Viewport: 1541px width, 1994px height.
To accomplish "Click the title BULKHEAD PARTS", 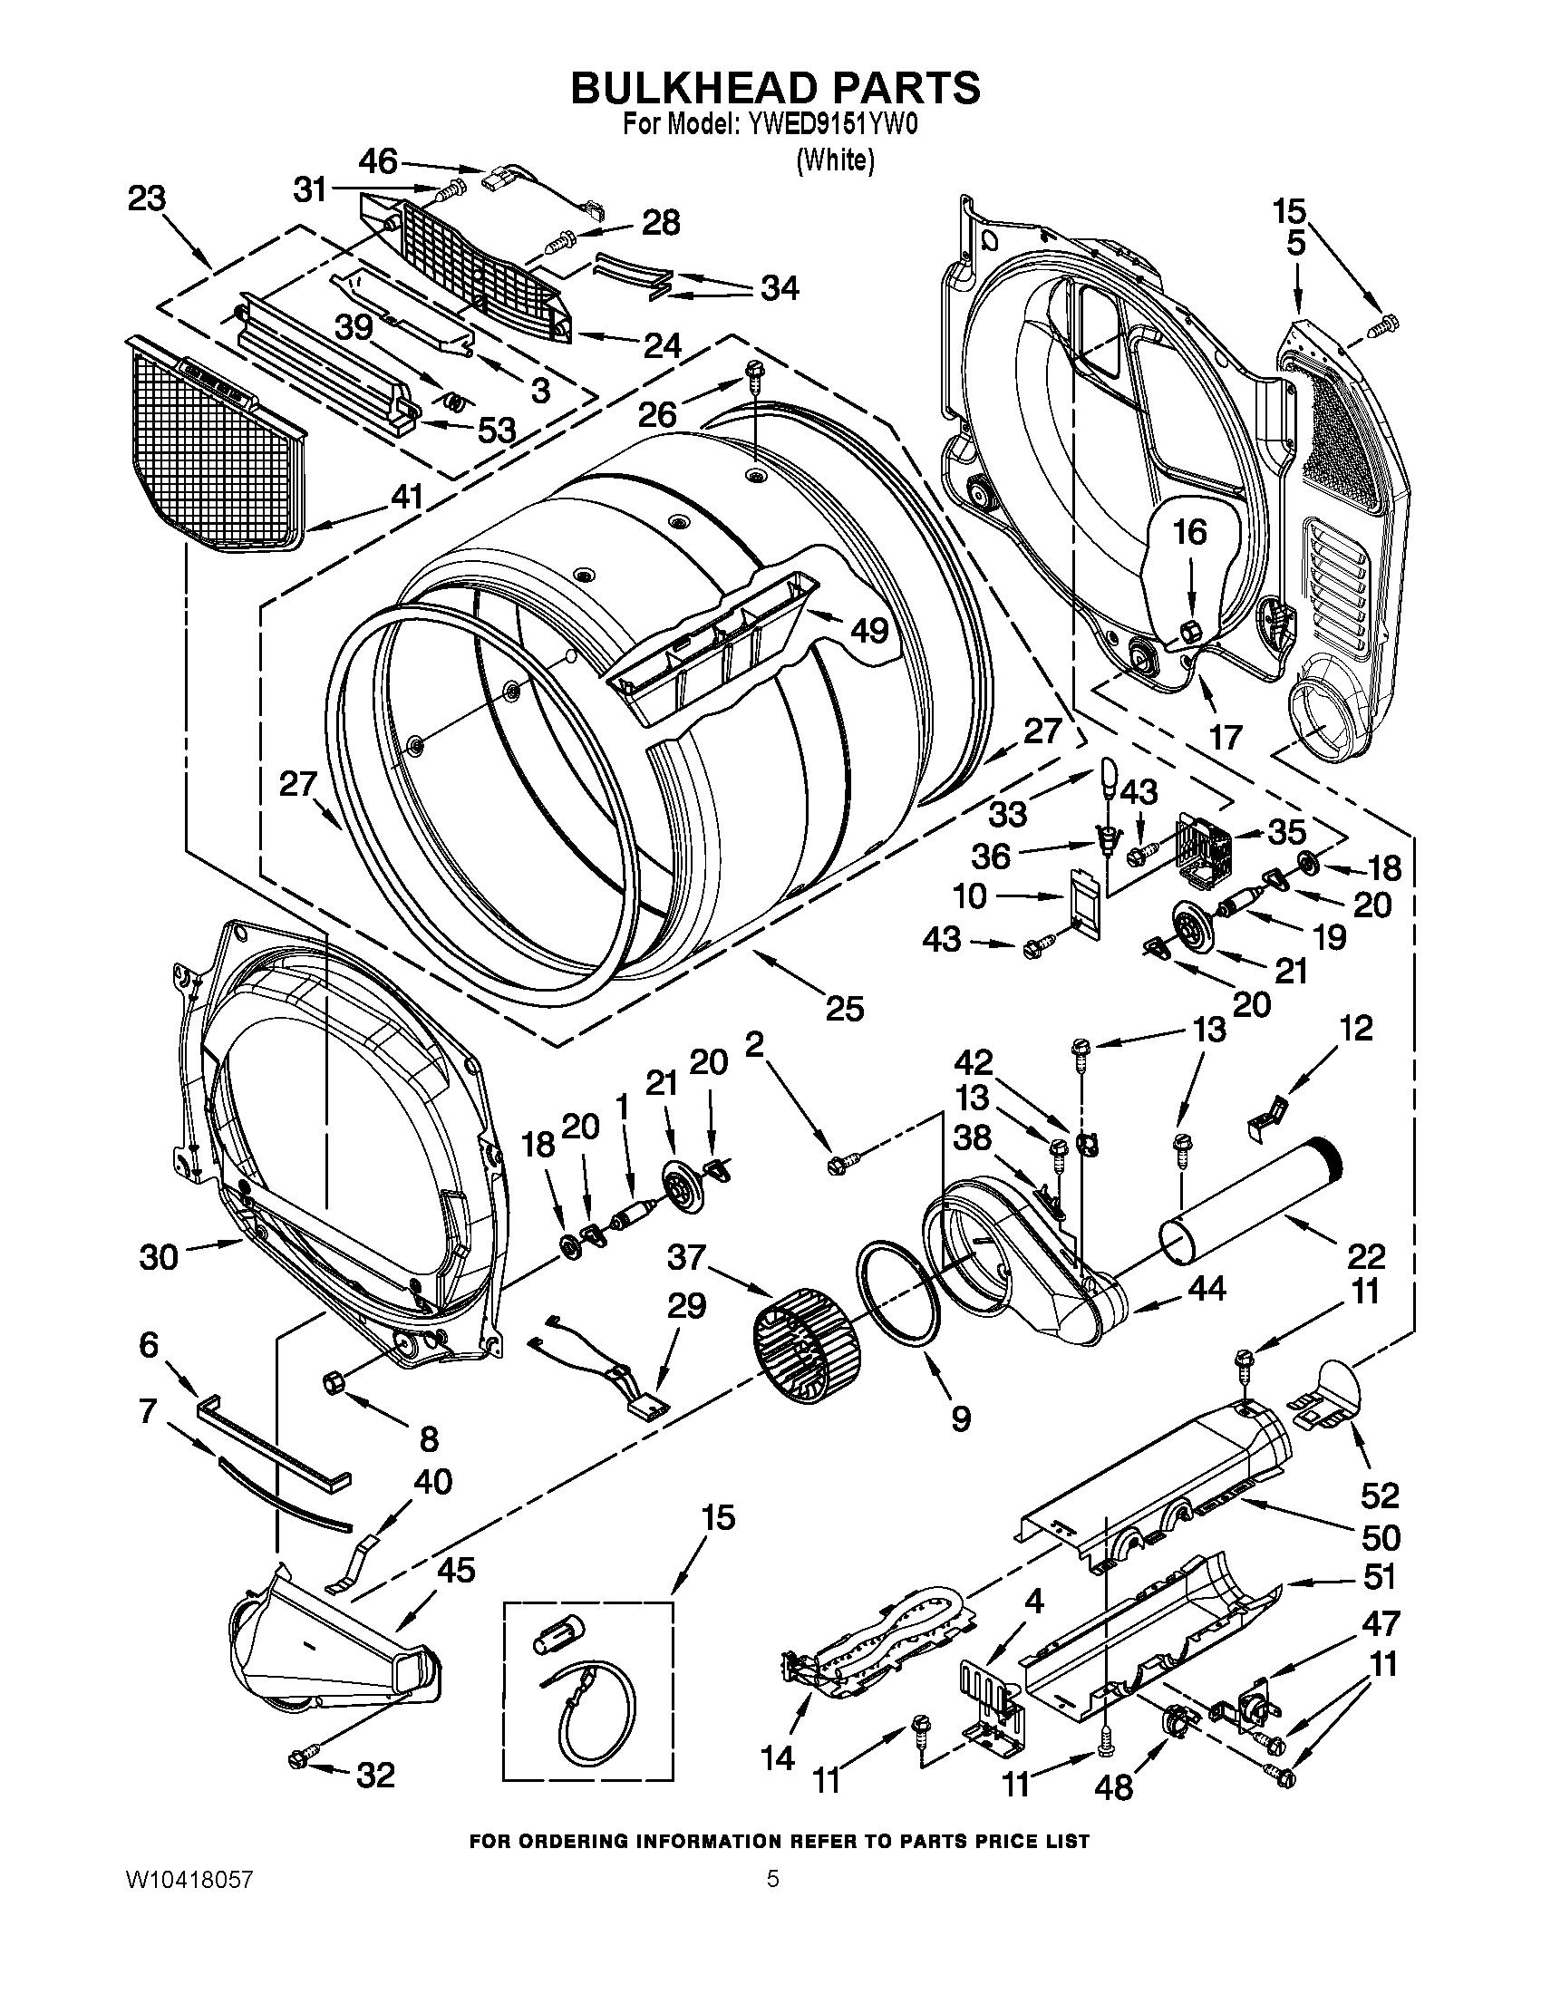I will click(775, 88).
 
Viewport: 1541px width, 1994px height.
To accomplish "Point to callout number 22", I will click(1367, 1256).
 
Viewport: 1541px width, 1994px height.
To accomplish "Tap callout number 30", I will click(158, 1257).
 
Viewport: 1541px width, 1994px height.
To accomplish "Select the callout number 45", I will click(456, 1571).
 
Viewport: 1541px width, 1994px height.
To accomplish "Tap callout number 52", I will click(1380, 1495).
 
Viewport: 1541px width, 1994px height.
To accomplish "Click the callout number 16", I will click(1189, 531).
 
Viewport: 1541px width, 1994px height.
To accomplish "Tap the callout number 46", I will click(377, 161).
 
